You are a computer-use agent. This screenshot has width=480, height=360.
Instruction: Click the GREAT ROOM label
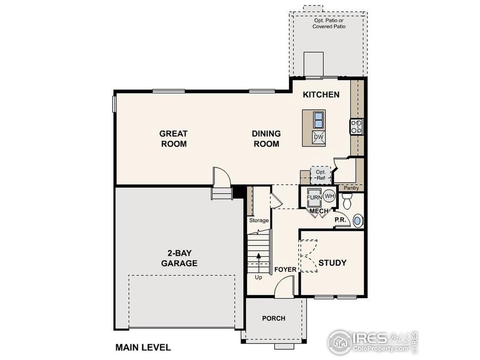(173, 138)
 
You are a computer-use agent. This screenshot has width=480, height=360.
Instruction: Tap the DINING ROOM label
(266, 138)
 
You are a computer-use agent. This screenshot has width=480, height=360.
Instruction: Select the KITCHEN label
(321, 94)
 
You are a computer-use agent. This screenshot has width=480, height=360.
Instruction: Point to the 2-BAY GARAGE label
(179, 258)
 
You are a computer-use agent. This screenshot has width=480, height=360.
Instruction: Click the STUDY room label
(332, 262)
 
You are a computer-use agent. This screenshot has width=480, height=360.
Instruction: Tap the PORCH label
(273, 318)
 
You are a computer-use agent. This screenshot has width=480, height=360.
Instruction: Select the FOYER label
(285, 270)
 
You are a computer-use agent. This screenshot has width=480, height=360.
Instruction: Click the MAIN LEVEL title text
(143, 348)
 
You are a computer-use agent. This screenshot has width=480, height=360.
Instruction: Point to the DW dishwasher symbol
(318, 137)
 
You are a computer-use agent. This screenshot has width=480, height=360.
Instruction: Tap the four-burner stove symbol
(356, 126)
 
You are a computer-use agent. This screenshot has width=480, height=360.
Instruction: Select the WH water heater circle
(329, 196)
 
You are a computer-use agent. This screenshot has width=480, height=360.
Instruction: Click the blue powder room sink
(358, 220)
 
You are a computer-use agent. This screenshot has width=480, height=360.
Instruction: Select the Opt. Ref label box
(321, 175)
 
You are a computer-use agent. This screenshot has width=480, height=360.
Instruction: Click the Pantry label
(351, 188)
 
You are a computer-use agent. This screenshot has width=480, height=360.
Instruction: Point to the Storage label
(259, 220)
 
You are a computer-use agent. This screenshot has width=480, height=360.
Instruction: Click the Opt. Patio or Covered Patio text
(329, 24)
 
